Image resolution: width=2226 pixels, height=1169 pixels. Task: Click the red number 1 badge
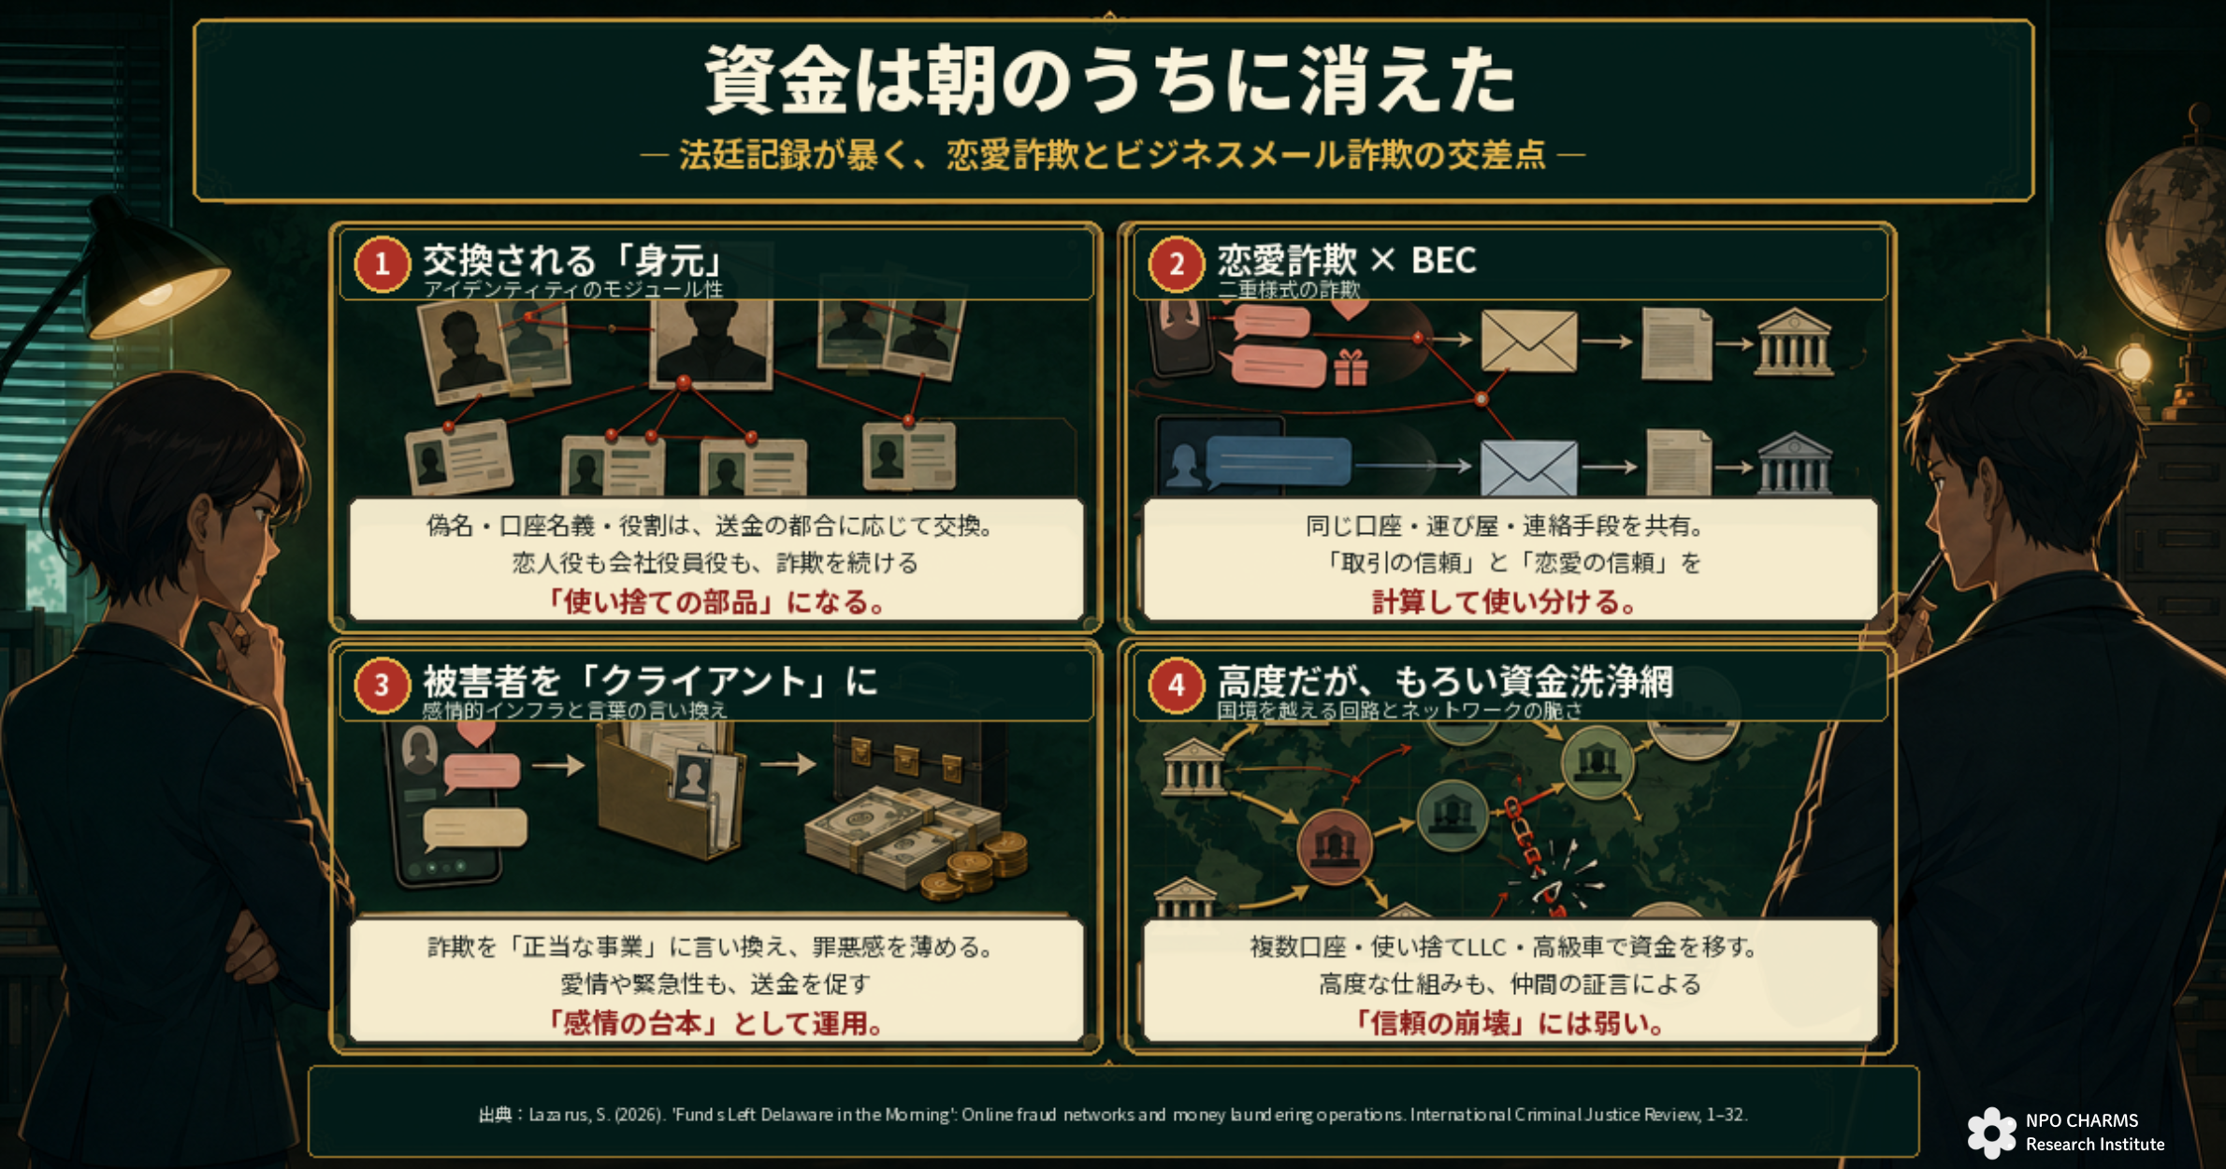[x=382, y=265]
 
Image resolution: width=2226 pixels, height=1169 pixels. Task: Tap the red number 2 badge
[x=1176, y=265]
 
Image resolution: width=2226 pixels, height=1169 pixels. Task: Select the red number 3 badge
[x=382, y=686]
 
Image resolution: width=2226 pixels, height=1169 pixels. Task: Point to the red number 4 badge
[x=1176, y=686]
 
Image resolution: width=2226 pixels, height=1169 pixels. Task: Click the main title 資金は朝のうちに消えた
[x=1111, y=80]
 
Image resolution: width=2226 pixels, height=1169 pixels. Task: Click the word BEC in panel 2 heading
[x=1443, y=260]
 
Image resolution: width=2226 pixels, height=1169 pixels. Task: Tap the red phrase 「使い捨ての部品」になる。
[x=715, y=601]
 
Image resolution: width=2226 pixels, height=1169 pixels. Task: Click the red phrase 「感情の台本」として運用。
[x=715, y=1023]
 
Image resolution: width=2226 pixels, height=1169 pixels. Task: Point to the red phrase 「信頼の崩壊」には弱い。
[x=1510, y=1023]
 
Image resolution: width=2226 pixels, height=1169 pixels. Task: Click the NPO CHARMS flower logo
[x=1991, y=1133]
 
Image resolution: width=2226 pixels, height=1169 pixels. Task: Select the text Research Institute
[x=2095, y=1144]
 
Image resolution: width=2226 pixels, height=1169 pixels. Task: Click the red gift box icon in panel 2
[x=1351, y=367]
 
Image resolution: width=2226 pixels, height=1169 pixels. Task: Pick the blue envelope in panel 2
[x=1528, y=468]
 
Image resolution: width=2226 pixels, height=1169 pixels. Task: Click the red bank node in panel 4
[x=1335, y=847]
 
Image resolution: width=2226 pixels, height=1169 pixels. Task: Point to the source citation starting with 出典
[x=1113, y=1114]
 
